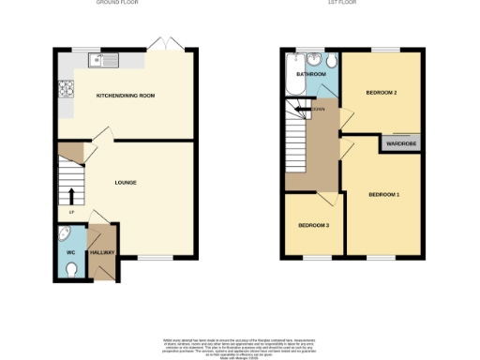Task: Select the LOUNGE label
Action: coord(126,182)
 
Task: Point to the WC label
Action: coord(69,252)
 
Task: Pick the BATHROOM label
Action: coord(310,73)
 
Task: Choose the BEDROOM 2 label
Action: coord(382,93)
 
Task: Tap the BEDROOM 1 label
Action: coord(383,194)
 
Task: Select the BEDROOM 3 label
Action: coord(314,226)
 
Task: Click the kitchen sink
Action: coord(102,61)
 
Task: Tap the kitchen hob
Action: coord(67,91)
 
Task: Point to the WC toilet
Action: coord(72,270)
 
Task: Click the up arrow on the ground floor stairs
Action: coord(71,196)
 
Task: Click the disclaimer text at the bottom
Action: coord(239,344)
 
